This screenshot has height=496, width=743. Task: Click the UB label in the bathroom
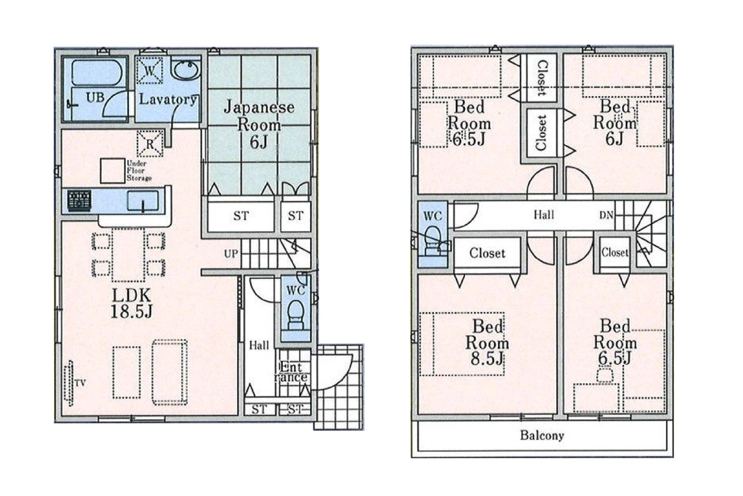(95, 97)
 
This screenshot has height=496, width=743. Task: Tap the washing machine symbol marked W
(149, 70)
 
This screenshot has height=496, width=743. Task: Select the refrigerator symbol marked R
(150, 144)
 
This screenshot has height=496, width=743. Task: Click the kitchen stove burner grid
(79, 200)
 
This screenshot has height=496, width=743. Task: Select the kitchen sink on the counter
(143, 201)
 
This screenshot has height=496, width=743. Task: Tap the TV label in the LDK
(81, 383)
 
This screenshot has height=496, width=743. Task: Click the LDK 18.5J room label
(131, 304)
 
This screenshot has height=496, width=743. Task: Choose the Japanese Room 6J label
(259, 124)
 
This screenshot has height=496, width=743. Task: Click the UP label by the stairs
(231, 254)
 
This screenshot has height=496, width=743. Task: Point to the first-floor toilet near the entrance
(296, 313)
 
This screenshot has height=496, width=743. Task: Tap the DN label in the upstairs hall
(606, 215)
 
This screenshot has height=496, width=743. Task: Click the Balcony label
(542, 435)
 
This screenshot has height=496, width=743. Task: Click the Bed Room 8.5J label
(487, 342)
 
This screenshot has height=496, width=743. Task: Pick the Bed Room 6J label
(615, 122)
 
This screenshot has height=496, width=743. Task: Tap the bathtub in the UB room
(97, 72)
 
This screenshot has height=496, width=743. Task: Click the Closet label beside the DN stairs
(615, 252)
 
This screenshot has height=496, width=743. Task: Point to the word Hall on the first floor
(259, 345)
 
